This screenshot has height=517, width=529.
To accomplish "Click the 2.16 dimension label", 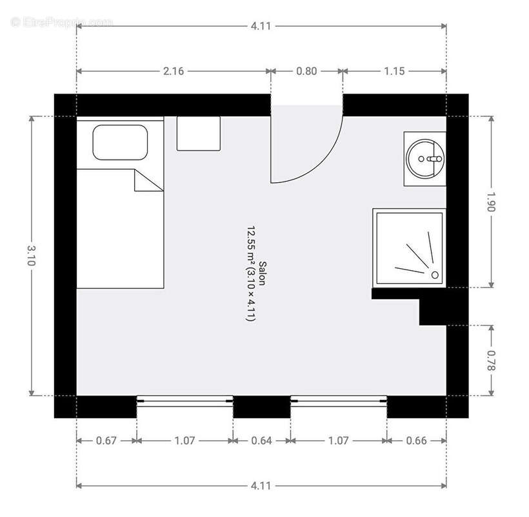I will (173, 71).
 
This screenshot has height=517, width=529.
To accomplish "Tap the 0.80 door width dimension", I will (306, 71).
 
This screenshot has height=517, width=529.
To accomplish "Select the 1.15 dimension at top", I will (394, 71).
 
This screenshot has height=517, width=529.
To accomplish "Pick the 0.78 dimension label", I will (492, 361).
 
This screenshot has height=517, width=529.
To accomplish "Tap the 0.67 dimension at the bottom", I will (106, 441).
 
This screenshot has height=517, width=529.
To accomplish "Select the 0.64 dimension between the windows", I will (261, 441).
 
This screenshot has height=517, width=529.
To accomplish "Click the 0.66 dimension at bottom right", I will (417, 441).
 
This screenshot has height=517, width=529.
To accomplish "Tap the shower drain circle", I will (435, 275).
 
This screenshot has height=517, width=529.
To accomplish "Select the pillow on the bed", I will (120, 143).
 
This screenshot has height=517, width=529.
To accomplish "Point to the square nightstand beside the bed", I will (199, 133).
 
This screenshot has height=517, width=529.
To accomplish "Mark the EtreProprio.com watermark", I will (61, 21).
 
